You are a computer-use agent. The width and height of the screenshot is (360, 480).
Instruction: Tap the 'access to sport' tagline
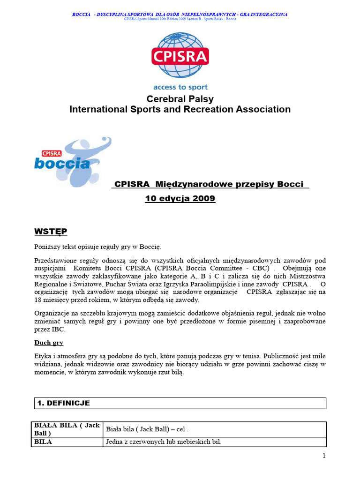tap(180, 87)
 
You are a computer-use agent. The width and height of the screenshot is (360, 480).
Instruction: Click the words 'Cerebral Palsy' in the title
tap(180, 99)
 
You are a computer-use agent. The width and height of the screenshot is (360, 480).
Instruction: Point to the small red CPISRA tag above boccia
tap(49, 153)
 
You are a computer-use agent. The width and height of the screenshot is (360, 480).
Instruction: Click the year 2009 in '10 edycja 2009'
tap(204, 199)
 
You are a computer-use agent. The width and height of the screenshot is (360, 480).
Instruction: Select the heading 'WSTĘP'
tap(51, 232)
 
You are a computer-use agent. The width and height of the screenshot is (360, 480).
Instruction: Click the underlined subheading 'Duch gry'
tap(49, 343)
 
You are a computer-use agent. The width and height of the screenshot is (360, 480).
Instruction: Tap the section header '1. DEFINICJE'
tap(64, 403)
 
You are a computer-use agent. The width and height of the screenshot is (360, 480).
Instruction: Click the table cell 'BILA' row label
tap(43, 442)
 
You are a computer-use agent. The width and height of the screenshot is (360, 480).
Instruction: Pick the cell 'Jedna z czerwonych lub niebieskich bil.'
tap(164, 442)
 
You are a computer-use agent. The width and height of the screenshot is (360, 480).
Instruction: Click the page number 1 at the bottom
tap(324, 456)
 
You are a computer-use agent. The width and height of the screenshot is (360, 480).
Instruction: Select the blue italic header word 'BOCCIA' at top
tap(81, 15)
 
